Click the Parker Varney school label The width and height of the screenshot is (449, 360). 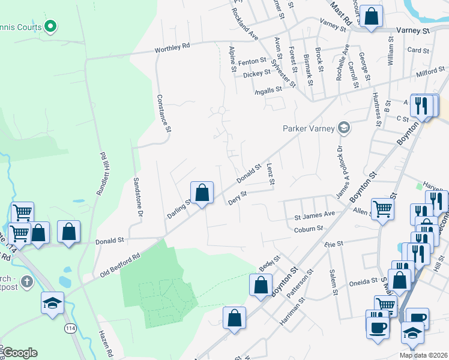[x=309, y=127]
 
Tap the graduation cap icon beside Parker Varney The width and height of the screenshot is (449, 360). [x=343, y=127]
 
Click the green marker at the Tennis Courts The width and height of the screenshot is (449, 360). [x=50, y=26]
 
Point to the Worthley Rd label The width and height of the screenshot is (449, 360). [x=172, y=46]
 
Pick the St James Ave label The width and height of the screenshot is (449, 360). [x=314, y=214]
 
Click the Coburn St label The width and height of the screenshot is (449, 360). [x=309, y=229]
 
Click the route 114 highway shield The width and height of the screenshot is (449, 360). [x=70, y=328]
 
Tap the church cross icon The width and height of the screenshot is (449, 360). [x=26, y=281]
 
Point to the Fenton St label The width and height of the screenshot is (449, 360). [x=252, y=61]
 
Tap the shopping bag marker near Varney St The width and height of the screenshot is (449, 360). [x=372, y=16]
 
